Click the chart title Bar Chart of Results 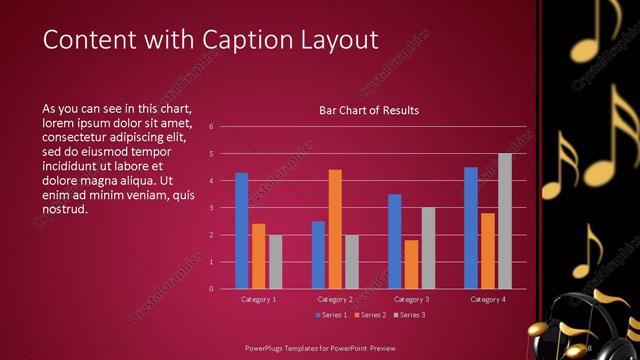368,110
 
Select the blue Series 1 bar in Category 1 241,230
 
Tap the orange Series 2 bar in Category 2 335,229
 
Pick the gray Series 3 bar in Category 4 505,221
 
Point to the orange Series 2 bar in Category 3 411,264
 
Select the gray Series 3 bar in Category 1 275,261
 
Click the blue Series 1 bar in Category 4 471,227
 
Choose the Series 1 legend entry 332,316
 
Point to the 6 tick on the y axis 211,127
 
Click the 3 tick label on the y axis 211,208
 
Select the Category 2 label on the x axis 335,299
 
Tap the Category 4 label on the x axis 488,299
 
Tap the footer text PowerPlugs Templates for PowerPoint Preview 319,347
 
